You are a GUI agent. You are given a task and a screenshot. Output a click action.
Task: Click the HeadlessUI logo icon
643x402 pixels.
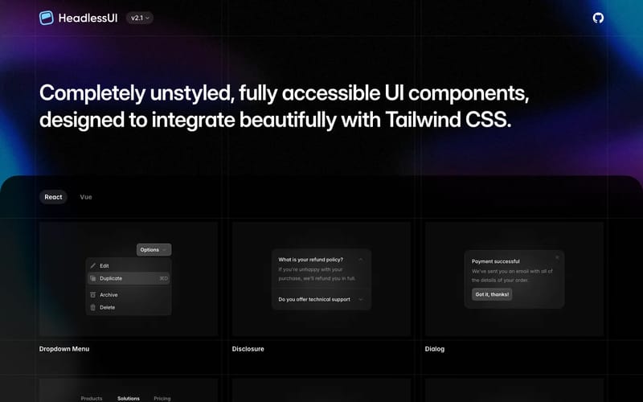(47, 18)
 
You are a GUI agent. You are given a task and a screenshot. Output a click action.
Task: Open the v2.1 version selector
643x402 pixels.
(140, 18)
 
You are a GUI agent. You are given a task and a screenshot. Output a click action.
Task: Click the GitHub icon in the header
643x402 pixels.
(598, 18)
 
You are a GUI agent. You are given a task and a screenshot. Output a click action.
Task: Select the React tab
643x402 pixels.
(53, 197)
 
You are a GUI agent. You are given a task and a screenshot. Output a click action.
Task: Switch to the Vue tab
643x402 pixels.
(86, 197)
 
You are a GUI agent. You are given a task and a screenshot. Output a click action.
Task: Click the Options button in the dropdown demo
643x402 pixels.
(154, 250)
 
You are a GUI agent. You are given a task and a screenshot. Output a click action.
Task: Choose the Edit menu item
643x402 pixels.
(104, 265)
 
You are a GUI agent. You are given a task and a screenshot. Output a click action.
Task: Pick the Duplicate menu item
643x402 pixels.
(111, 278)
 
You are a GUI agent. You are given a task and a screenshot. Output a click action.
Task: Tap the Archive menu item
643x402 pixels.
(109, 295)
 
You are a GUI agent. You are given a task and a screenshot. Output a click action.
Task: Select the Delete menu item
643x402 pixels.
(108, 307)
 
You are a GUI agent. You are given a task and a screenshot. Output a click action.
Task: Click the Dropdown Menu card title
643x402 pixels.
(64, 349)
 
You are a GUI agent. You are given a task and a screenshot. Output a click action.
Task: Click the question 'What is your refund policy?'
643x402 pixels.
(310, 260)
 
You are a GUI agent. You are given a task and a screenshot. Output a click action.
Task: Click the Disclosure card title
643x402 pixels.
(248, 349)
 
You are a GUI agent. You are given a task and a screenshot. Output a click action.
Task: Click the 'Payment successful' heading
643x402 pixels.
(496, 261)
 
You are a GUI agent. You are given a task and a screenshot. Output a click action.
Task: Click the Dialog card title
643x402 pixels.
(435, 349)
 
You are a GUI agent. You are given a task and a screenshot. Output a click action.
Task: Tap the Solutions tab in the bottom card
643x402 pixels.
(129, 398)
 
